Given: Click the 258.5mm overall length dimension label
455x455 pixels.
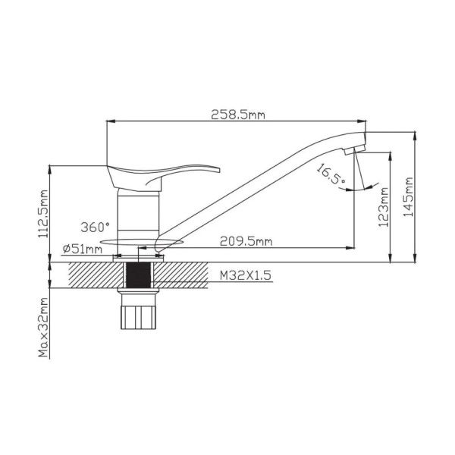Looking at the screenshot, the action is [238, 115].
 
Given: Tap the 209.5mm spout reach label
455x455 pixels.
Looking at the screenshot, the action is [246, 241].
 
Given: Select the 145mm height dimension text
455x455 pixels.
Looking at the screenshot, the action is [408, 196].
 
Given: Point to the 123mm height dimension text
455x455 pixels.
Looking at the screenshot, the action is [383, 207].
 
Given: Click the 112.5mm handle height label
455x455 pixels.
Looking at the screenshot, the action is [43, 214].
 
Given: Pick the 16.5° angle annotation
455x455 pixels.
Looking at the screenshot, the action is [330, 174].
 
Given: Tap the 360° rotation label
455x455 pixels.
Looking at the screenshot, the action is [96, 227].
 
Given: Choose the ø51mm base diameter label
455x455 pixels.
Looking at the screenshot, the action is [83, 249].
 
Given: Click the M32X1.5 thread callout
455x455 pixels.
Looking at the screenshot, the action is [246, 275].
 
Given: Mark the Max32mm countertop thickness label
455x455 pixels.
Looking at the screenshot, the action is [43, 327].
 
